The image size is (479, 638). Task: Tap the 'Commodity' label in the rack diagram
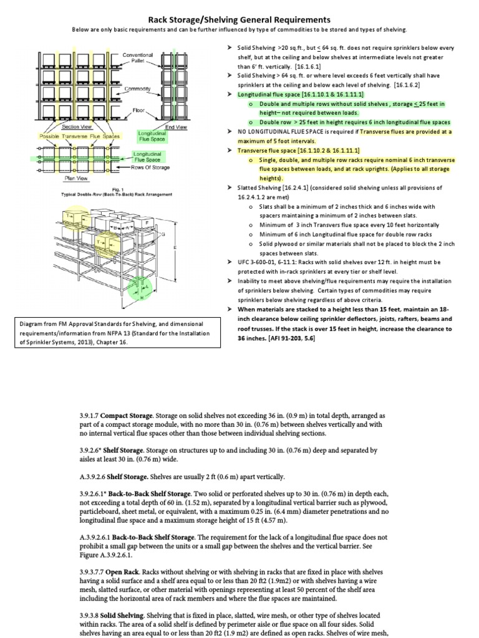(x=138, y=89)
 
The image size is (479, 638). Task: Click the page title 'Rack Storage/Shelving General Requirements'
(x=239, y=20)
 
